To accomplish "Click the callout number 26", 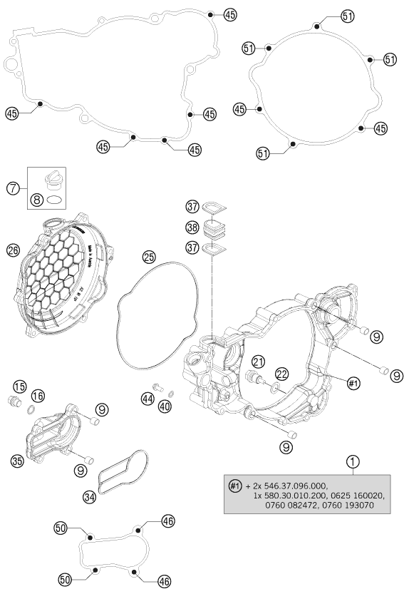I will [x=12, y=250].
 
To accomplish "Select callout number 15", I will [x=19, y=386].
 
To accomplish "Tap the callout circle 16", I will [x=38, y=394].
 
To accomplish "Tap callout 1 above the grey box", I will [x=351, y=461].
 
